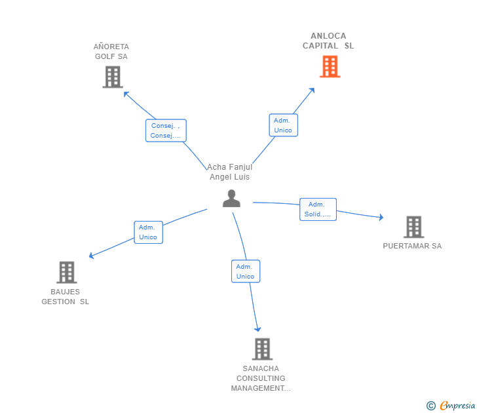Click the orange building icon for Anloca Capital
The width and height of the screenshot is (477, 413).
pos(330,66)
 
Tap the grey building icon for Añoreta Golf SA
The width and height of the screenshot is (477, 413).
pos(113,77)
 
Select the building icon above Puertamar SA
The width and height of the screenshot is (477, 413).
pos(413,227)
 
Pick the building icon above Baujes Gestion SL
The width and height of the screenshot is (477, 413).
pos(67,273)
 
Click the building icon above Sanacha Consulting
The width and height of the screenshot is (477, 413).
pos(262,349)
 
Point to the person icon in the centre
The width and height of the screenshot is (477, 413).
pos(231,199)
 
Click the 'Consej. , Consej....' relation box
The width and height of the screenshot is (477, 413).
pos(166,130)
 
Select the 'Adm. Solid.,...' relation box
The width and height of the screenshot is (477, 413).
pos(318,209)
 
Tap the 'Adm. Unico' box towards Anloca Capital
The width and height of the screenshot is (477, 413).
pos(283,125)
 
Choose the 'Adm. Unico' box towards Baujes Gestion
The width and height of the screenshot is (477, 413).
pos(149,232)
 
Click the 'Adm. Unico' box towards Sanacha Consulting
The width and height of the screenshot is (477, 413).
pos(246,271)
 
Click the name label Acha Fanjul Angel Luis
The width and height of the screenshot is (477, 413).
pos(230,172)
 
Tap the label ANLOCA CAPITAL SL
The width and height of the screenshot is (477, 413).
pos(328,41)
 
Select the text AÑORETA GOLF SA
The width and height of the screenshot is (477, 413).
pos(111,51)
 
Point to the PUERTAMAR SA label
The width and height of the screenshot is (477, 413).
pos(412,246)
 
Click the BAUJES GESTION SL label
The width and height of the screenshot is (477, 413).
pos(66,297)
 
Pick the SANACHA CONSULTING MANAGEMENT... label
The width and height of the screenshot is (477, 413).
pos(261,378)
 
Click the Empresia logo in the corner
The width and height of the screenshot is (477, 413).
pos(451,406)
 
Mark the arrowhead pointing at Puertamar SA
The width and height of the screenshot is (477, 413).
pos(381,217)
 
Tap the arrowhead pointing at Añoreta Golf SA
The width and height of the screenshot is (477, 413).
pos(126,94)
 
